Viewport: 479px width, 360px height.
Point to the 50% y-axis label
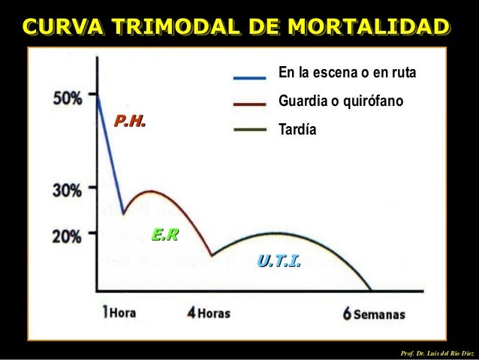[x=68, y=98]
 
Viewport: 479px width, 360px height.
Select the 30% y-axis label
[x=68, y=189]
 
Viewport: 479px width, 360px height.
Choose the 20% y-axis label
[x=68, y=235]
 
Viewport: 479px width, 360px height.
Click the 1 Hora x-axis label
[x=119, y=313]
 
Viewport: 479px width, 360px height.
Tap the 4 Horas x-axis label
[x=209, y=313]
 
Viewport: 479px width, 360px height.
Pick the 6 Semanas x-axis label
[x=374, y=313]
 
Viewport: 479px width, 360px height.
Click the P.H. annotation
[x=129, y=120]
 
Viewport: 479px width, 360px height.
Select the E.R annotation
[x=165, y=235]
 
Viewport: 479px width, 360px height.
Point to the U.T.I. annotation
[x=279, y=261]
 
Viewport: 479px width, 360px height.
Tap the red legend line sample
[x=250, y=102]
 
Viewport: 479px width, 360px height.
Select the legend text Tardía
[x=297, y=129]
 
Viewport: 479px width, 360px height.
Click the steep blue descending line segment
[x=111, y=154]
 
